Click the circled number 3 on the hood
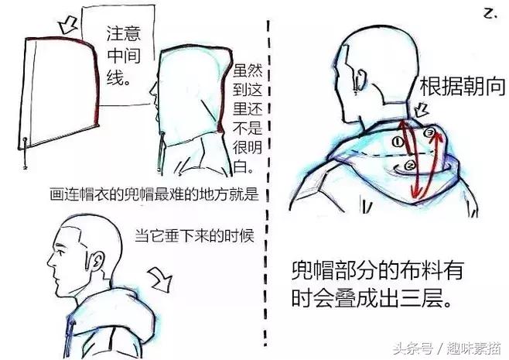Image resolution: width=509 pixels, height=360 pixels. click(x=430, y=132)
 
